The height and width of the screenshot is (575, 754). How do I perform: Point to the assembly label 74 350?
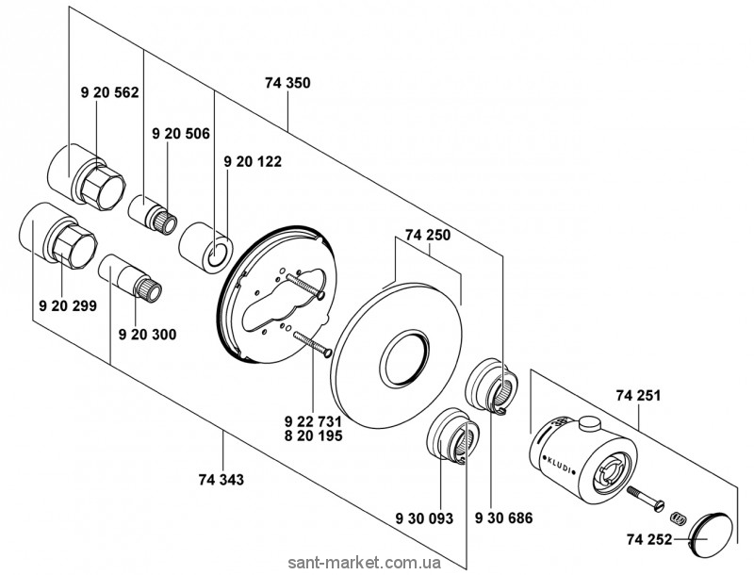coord(287,83)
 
